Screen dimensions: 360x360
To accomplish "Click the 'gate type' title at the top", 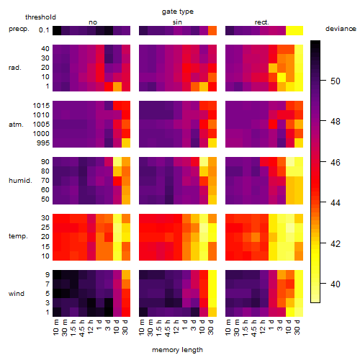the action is click(178, 12).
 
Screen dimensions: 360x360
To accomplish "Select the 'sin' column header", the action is click(177, 22).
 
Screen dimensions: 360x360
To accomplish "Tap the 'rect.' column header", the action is click(261, 22).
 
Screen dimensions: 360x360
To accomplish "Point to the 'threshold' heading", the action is click(40, 17).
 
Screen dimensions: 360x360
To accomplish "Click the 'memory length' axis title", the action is click(177, 350).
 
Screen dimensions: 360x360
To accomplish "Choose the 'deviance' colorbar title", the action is click(341, 29).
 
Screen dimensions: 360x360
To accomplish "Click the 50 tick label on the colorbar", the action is click(336, 81).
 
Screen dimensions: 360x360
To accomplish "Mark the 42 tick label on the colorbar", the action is click(336, 244).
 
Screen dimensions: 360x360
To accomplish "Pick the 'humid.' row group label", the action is click(20, 181).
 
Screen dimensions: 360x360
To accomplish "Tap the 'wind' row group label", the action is click(17, 294).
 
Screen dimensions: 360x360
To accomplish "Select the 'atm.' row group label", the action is click(16, 125).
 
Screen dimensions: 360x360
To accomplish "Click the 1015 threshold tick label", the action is click(41, 106).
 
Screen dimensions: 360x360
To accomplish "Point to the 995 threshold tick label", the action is click(43, 143).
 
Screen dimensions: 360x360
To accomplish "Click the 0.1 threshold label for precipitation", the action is click(44, 30).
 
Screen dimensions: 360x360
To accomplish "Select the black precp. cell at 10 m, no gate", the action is click(57, 31).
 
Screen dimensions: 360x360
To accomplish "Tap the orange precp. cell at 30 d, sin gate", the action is click(212, 31).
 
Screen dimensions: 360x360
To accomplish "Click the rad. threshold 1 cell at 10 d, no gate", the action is click(117, 86).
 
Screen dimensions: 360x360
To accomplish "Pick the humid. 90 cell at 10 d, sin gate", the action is click(204, 162).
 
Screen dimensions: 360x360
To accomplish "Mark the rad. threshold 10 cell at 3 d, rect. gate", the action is click(282, 77).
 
